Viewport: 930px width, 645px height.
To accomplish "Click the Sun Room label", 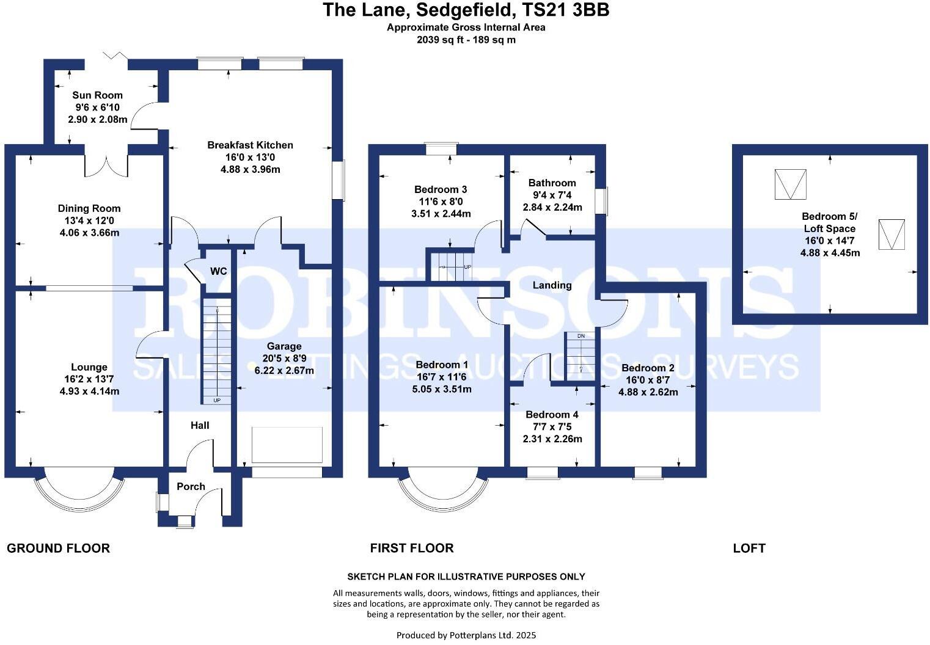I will coord(97,95).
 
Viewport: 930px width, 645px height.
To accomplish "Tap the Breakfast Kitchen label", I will coord(250,145).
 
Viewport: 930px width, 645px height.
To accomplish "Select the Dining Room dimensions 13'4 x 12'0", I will coord(89,220).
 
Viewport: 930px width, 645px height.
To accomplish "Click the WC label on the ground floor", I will coord(219,271).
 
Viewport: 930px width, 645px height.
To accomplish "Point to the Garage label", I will coord(284,346).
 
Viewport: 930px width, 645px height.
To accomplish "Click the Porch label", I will coord(191,487).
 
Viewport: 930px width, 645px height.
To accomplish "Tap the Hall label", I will coord(200,425).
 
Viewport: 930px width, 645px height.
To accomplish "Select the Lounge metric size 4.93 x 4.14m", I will coord(89,392).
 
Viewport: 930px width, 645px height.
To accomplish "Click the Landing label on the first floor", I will coord(552,285).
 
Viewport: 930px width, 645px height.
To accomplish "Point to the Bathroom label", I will coord(552,183).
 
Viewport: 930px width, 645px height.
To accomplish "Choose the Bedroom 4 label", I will coord(552,415).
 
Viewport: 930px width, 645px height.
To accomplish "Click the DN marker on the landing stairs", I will coord(580,336).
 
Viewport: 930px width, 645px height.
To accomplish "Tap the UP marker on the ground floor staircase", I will coord(217,401).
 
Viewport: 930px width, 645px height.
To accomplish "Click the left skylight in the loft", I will coord(790,184).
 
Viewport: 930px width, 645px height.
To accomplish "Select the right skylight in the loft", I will coord(892,234).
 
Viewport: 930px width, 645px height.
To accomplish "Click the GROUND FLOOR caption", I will coord(58,548).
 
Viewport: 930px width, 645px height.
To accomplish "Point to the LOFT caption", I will coord(749,548).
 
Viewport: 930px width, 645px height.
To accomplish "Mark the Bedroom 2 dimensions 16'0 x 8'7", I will coord(648,380).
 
